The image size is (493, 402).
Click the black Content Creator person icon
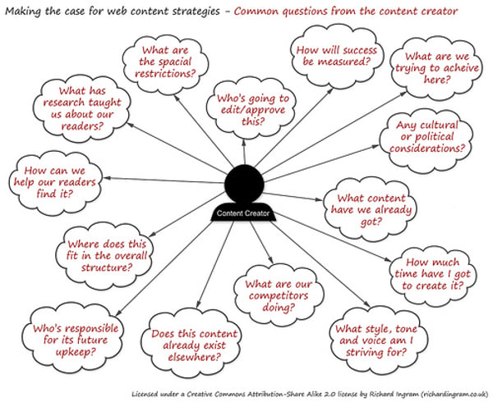tap(243, 185)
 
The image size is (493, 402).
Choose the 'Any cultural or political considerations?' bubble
tap(424, 137)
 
